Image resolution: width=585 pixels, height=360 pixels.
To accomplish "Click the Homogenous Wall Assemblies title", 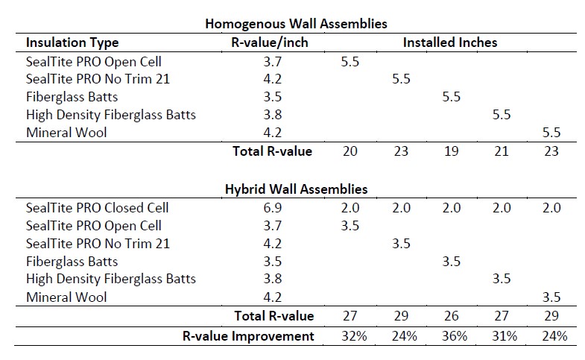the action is coord(297,24).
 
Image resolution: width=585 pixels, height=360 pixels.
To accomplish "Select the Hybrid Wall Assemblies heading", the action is coord(297,189).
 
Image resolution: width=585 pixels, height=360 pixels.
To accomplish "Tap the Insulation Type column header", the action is coord(72,42).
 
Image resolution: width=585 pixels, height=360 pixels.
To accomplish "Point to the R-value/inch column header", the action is coord(270,42).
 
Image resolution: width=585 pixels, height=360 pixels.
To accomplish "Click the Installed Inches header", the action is coord(450,42).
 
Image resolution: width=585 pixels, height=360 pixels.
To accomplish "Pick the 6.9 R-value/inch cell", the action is coord(273,208).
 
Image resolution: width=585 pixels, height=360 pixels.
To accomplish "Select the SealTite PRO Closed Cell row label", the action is coord(98,208).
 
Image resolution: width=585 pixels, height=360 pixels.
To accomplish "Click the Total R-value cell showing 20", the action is coord(350,151).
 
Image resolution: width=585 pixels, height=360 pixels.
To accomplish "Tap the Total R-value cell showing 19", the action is coord(451,151).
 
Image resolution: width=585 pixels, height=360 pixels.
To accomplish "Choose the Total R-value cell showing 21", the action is coord(502,151).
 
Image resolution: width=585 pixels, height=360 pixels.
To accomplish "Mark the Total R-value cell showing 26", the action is coord(452,316).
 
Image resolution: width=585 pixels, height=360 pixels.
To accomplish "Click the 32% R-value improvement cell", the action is coord(354,336).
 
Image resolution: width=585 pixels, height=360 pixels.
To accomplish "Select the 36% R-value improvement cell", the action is coord(455,336).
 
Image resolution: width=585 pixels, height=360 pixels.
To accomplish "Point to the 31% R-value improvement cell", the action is coord(505,336).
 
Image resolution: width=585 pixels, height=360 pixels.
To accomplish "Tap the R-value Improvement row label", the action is coord(248,336).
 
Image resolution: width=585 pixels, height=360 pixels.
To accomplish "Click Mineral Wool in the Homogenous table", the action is coord(66,133).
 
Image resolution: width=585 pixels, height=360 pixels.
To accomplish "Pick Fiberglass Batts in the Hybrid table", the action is coord(72,262).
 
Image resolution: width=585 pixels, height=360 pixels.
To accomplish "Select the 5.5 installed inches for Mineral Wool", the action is coord(551,133).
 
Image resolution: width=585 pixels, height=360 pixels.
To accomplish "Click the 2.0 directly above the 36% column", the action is coord(452,208).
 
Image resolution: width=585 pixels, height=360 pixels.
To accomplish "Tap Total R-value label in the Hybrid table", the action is coord(273,316).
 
